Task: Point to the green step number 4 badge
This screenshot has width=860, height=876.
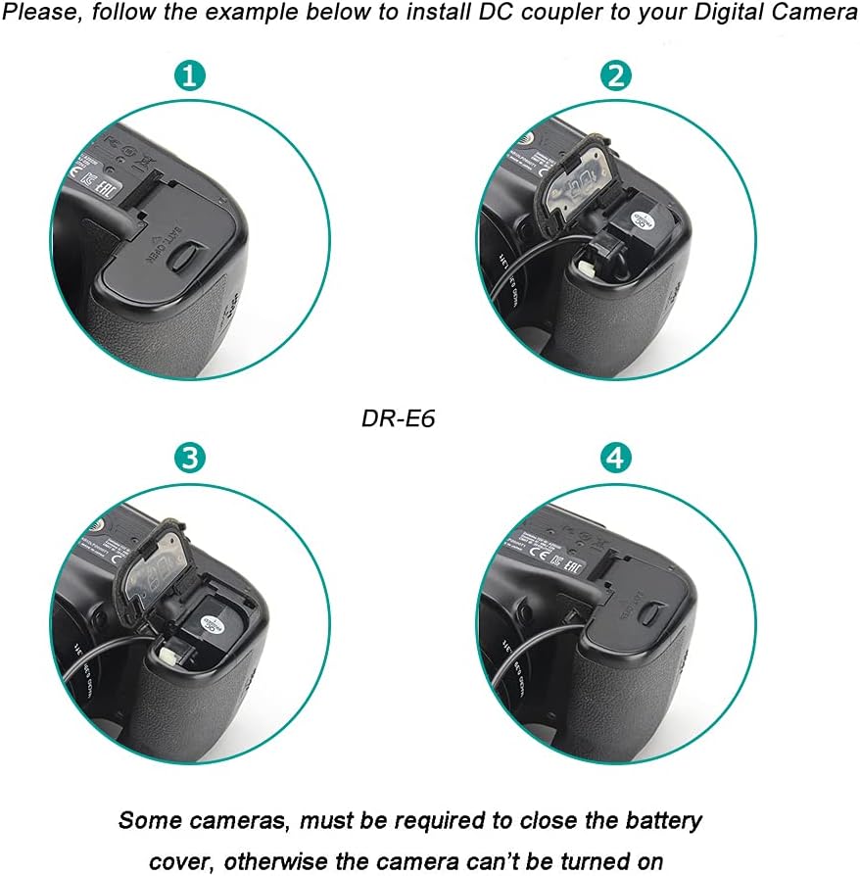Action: point(618,457)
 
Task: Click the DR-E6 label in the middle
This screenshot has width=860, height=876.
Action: point(398,417)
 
